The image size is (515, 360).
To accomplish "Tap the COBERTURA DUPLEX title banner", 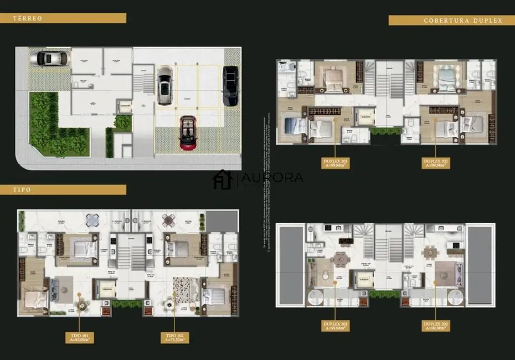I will pyautogui.click(x=445, y=20).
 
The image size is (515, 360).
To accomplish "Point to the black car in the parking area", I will pyautogui.click(x=230, y=86).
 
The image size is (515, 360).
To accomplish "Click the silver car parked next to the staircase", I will pyautogui.click(x=165, y=85).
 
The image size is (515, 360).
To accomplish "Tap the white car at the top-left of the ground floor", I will pyautogui.click(x=49, y=58).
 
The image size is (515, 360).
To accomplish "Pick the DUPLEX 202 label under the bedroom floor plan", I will pyautogui.click(x=435, y=163).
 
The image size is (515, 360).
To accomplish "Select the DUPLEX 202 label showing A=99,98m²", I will pyautogui.click(x=435, y=325).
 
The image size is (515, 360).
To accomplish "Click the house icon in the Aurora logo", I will pyautogui.click(x=223, y=179).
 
